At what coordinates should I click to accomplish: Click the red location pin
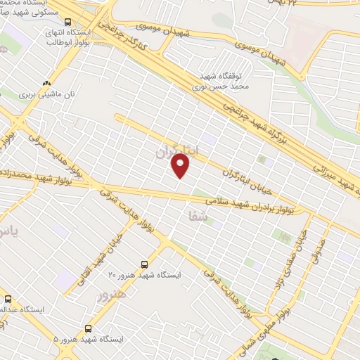coord(181,166)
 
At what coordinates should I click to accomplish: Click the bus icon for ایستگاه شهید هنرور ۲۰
coord(144,264)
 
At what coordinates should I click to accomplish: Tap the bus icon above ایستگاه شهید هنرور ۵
coord(88,328)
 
